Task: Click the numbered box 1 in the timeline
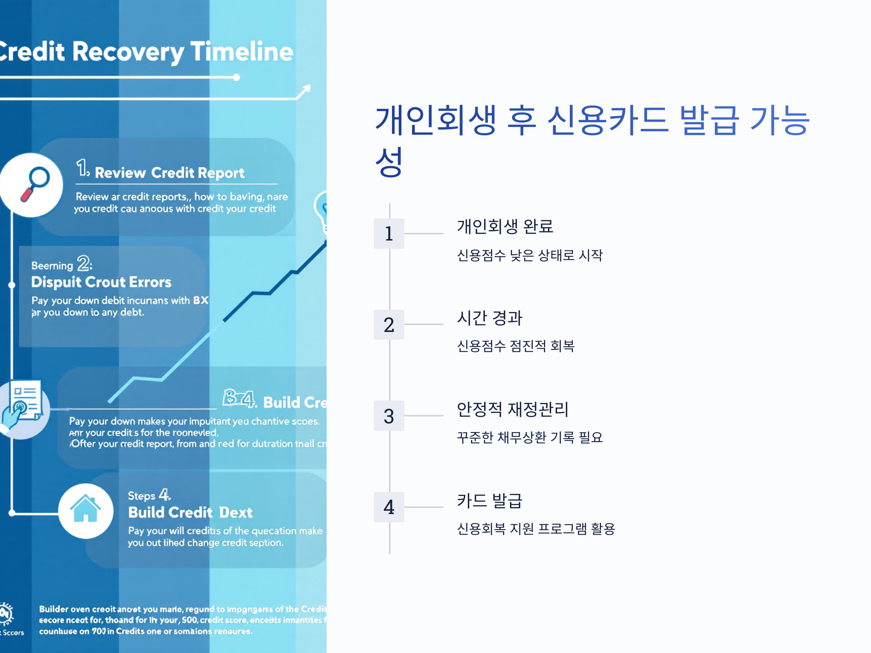click(389, 233)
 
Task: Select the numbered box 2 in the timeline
click(389, 325)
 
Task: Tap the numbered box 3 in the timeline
click(389, 416)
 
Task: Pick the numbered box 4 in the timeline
click(389, 507)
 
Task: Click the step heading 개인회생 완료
click(505, 226)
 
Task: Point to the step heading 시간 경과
click(490, 318)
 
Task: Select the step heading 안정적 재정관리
click(512, 409)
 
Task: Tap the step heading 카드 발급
click(490, 500)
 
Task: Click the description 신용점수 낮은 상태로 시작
click(529, 255)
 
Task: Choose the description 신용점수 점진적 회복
click(515, 346)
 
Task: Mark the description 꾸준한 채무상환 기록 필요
click(529, 437)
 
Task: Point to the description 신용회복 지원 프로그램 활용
click(536, 528)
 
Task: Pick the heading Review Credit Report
click(169, 173)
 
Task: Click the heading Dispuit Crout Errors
click(101, 282)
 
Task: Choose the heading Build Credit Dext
click(190, 512)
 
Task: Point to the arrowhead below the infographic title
click(305, 91)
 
